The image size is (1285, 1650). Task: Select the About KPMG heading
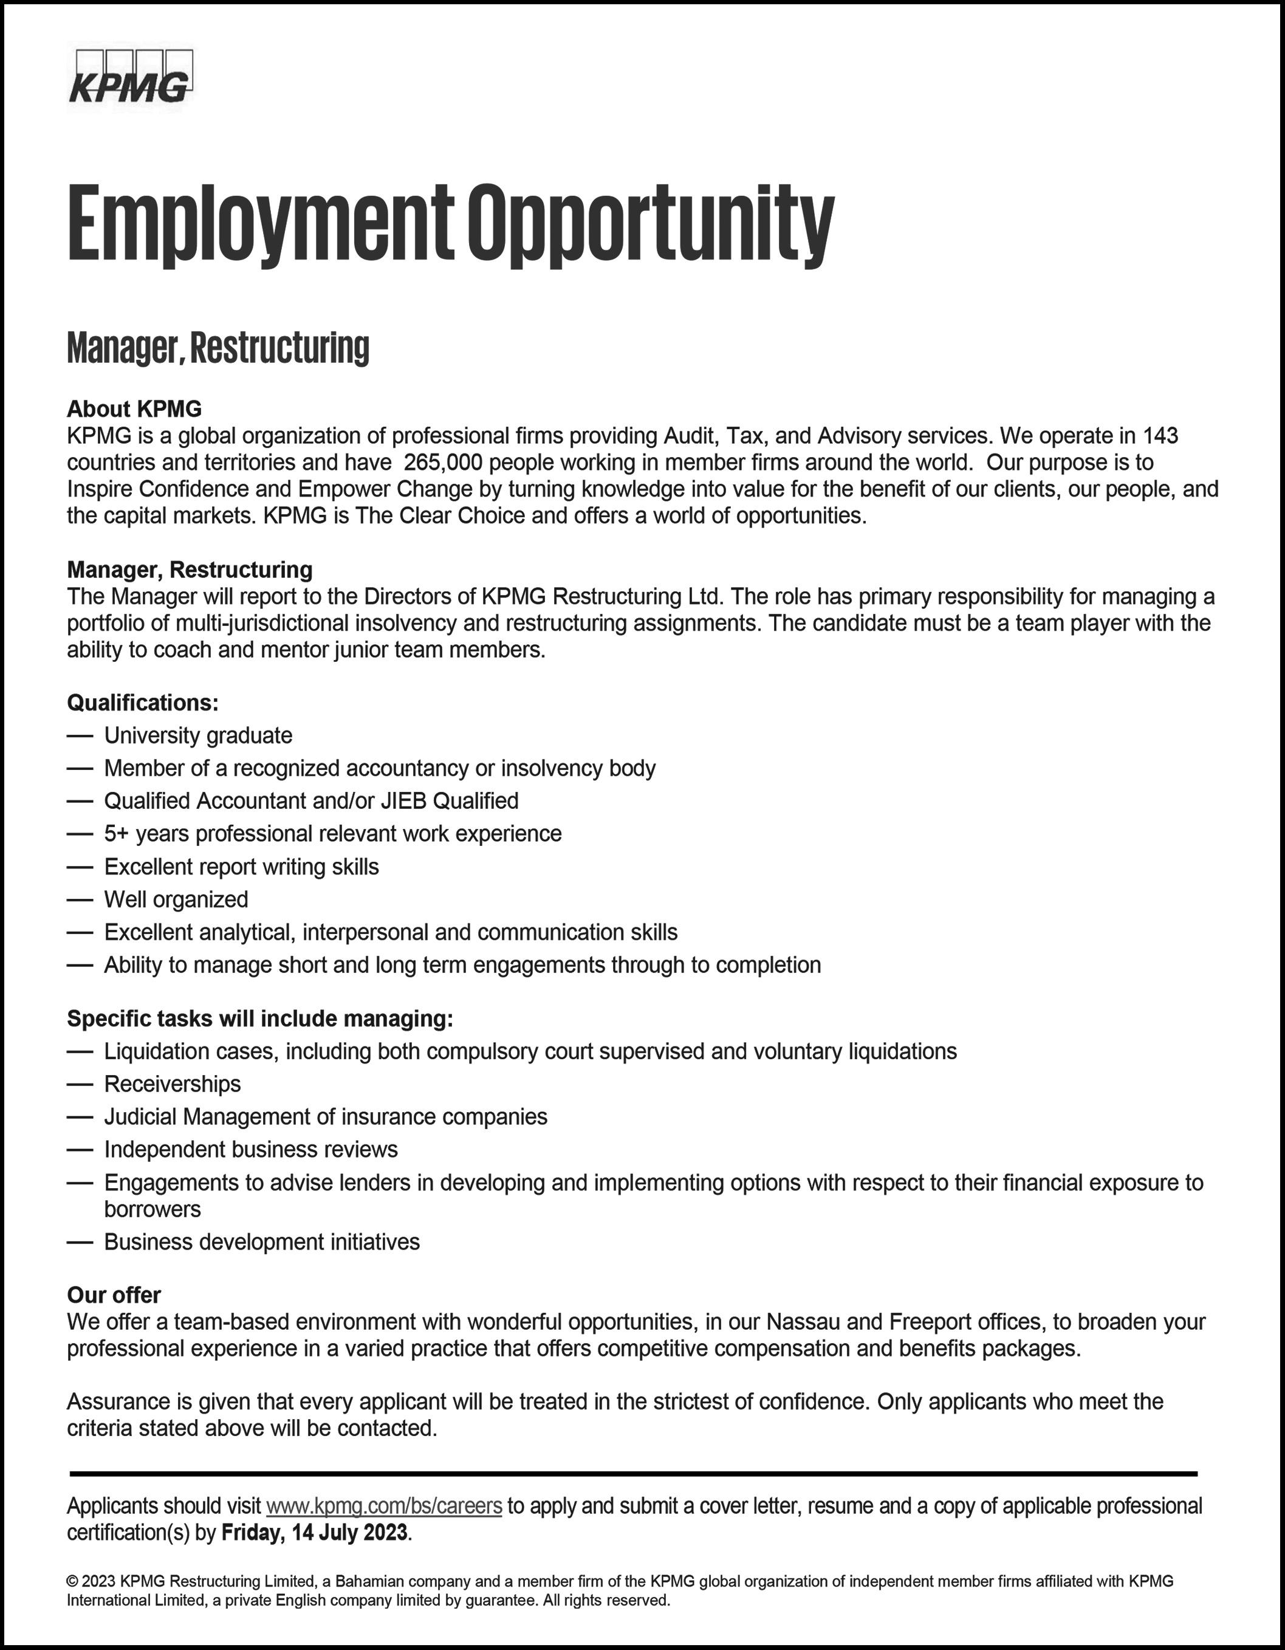[134, 409]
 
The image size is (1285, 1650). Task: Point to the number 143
[1160, 436]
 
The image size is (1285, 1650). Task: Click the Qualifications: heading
[143, 703]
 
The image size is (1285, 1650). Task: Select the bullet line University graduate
[198, 735]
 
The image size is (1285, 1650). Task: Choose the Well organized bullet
[176, 899]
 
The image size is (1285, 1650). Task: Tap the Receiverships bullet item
[172, 1084]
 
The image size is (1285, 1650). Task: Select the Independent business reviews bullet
[251, 1149]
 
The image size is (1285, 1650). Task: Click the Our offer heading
[114, 1295]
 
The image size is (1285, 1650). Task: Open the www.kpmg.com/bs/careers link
[385, 1506]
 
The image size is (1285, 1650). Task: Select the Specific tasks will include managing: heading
[260, 1019]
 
